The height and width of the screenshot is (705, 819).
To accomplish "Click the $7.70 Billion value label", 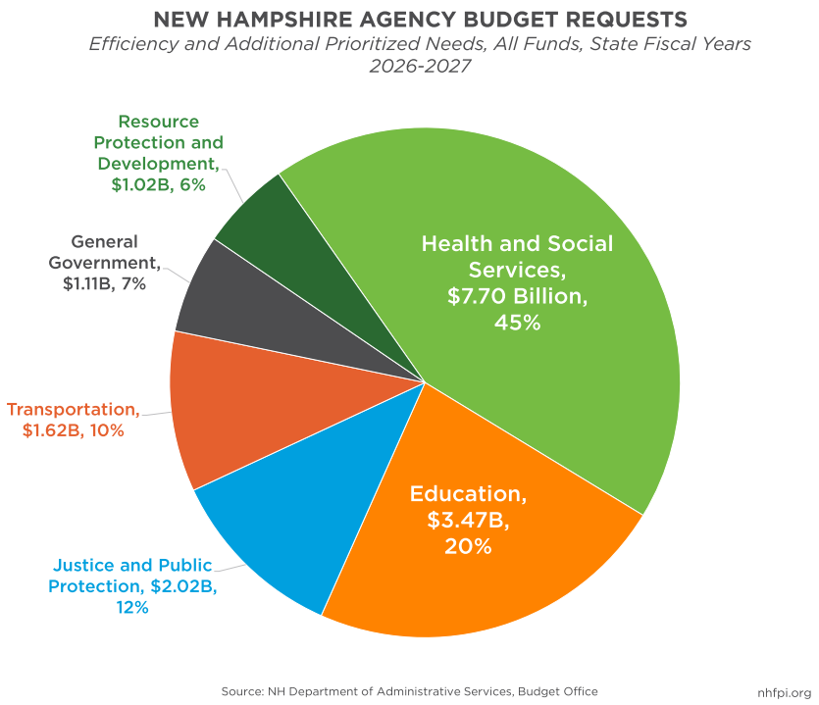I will (x=517, y=297).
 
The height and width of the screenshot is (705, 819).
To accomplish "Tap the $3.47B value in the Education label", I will (x=467, y=520).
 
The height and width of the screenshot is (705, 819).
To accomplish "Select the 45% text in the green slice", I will (x=517, y=323).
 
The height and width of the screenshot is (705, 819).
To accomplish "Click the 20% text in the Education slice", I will (x=467, y=546).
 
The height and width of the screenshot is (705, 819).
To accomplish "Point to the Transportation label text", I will (x=73, y=408).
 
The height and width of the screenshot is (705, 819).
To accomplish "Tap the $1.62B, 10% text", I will (x=74, y=429).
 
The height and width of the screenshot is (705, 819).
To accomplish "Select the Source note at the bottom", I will (x=409, y=690).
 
